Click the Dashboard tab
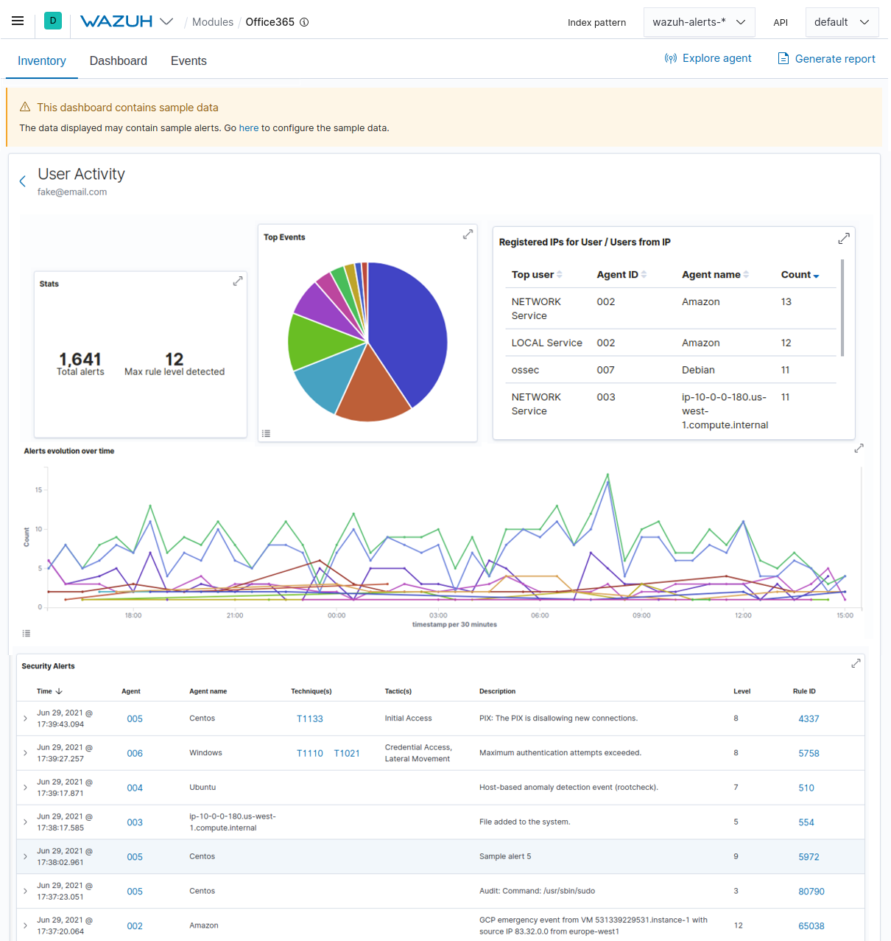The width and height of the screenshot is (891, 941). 119,61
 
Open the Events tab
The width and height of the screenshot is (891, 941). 189,61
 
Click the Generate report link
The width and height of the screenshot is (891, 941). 827,59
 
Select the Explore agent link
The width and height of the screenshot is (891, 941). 708,58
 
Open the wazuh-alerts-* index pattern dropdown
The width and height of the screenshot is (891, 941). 699,22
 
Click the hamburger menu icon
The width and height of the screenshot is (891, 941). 18,21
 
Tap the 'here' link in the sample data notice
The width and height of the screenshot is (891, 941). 249,128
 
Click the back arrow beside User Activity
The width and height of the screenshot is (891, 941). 22,181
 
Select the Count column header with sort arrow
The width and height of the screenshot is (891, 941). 800,275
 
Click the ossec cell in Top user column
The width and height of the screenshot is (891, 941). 525,370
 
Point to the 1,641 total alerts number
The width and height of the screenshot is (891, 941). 80,359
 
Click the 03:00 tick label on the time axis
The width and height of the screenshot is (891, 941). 438,615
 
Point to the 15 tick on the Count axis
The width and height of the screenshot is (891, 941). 38,490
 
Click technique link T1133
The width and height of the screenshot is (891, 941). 309,719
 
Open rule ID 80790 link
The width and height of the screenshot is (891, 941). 811,892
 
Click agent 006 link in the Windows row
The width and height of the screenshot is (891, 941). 135,754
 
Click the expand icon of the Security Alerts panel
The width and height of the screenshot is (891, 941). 856,664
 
